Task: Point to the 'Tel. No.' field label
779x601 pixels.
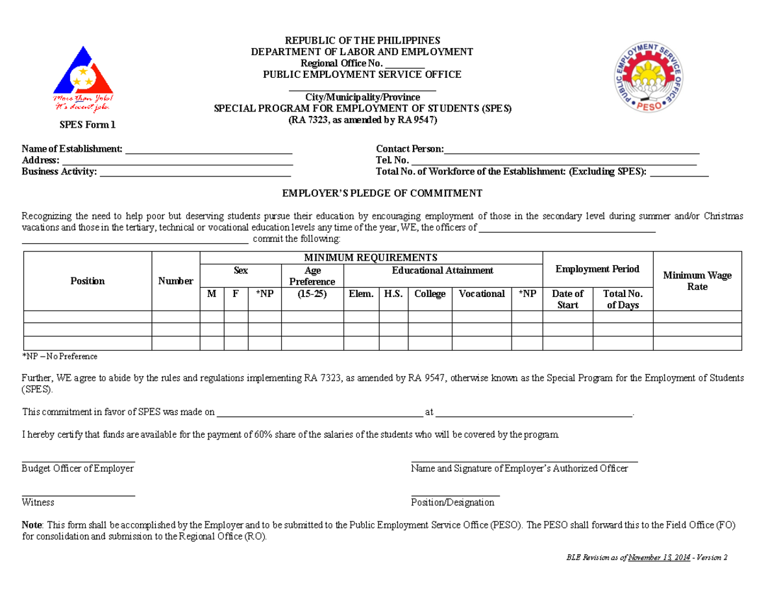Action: pyautogui.click(x=392, y=161)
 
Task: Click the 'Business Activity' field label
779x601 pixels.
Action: pyautogui.click(x=59, y=172)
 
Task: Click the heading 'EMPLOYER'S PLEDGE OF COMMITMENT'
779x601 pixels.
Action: pyautogui.click(x=382, y=193)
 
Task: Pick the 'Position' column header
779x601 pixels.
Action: pyautogui.click(x=88, y=281)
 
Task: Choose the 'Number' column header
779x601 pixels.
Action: pyautogui.click(x=175, y=281)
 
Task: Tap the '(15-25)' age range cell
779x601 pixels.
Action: pyautogui.click(x=312, y=294)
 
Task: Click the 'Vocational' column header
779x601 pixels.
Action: pyautogui.click(x=481, y=294)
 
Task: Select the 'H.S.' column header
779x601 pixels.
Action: pyautogui.click(x=393, y=294)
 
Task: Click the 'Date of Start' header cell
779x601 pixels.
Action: pyautogui.click(x=567, y=299)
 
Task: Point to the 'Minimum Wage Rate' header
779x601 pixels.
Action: pyautogui.click(x=697, y=281)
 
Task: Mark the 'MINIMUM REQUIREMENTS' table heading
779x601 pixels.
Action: pyautogui.click(x=371, y=257)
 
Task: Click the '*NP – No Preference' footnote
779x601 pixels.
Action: pyautogui.click(x=60, y=357)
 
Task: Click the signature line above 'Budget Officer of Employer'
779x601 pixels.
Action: pyautogui.click(x=79, y=461)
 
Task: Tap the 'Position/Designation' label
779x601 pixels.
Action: pyautogui.click(x=452, y=502)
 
